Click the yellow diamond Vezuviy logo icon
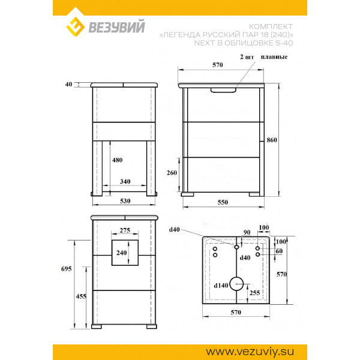coord(76,26)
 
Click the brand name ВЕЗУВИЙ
coord(116,27)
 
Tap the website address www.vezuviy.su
coord(250,352)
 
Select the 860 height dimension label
coord(272,140)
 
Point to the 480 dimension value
coord(117,160)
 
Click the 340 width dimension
coord(125,181)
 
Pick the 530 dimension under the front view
coord(125,201)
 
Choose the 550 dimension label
coord(223,202)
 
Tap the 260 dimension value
coord(172,173)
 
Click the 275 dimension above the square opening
coord(125,230)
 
